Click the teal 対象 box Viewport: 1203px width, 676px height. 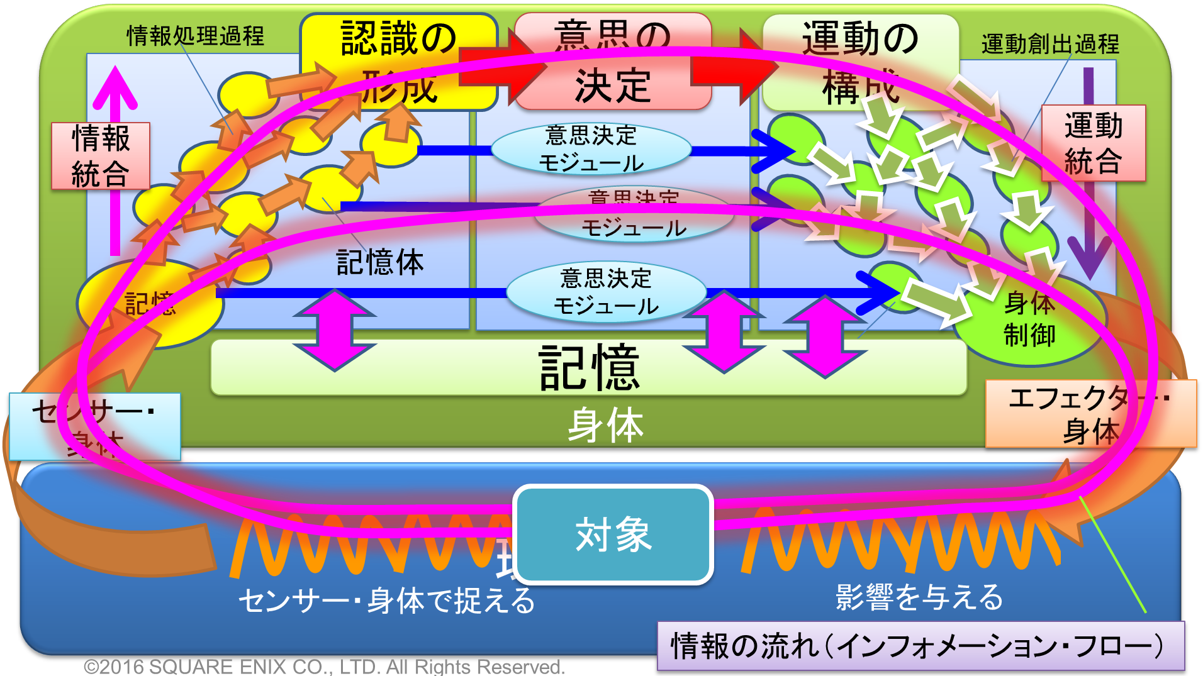(x=613, y=535)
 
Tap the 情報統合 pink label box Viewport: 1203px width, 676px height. (x=101, y=156)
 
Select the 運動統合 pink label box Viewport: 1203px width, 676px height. (x=1094, y=143)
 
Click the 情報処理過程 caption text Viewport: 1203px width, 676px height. (x=195, y=36)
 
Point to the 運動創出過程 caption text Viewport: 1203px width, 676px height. (x=1050, y=44)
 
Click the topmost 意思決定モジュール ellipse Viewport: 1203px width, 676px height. (x=591, y=149)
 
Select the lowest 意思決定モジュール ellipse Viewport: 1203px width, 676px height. (x=606, y=292)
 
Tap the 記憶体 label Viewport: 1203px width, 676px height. (x=380, y=262)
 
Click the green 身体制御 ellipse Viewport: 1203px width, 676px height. (x=1029, y=321)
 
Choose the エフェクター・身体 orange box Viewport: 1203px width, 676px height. (x=1090, y=414)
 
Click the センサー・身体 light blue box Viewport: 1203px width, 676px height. (x=94, y=426)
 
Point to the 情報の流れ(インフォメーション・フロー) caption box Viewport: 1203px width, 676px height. (x=920, y=646)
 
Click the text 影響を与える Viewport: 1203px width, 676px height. (x=919, y=597)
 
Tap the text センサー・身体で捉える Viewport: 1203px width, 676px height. (x=386, y=601)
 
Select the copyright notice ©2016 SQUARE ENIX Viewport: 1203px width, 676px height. (x=324, y=667)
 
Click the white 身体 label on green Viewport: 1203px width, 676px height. (x=605, y=425)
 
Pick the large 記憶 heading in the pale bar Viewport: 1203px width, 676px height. (x=589, y=368)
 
